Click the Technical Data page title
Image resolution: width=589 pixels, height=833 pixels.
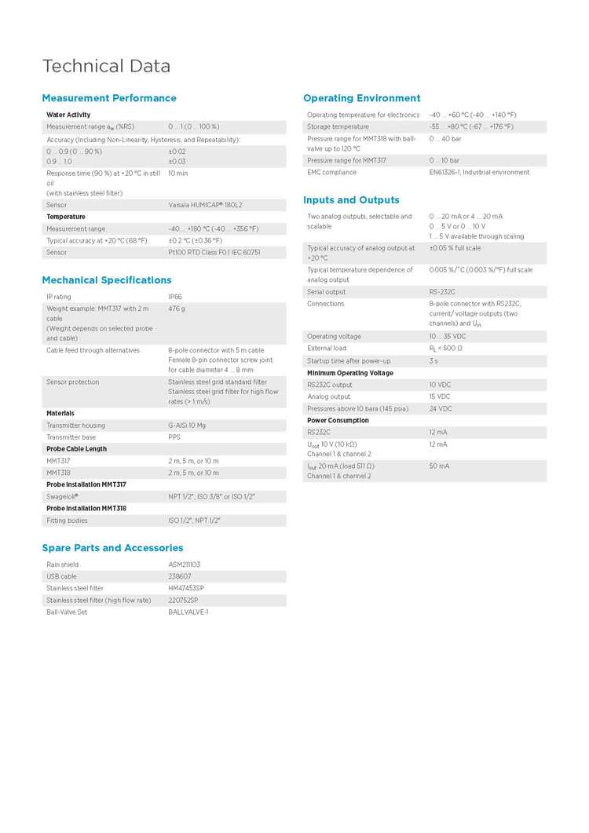pos(106,66)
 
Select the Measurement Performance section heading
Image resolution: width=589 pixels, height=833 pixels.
pos(109,98)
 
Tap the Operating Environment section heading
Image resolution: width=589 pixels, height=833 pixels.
pos(362,98)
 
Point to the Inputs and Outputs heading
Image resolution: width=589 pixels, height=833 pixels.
pos(351,200)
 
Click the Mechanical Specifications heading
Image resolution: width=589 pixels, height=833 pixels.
pos(107,280)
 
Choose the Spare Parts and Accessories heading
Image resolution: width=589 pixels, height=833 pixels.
pos(112,548)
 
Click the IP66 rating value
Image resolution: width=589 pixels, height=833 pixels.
pos(176,297)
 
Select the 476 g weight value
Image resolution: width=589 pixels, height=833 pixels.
pos(177,309)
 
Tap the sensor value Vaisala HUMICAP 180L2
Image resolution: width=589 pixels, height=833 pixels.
pos(205,205)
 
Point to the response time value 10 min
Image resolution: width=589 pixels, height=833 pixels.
pos(178,174)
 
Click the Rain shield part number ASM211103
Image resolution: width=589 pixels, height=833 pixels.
pos(184,564)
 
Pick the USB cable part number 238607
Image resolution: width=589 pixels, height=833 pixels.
pos(180,576)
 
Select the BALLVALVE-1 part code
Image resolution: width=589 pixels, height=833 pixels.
pos(188,612)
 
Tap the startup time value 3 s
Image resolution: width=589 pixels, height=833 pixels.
pos(434,361)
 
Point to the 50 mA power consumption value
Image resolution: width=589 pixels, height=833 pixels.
pos(439,466)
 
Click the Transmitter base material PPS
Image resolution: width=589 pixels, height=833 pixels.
pos(174,437)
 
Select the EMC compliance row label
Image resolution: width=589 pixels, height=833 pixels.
pos(331,172)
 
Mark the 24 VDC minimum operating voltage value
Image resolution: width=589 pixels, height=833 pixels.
pos(441,408)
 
